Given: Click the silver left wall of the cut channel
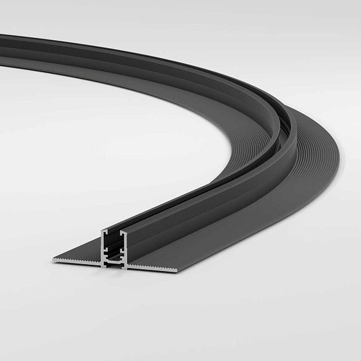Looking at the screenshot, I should [x=104, y=246].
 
